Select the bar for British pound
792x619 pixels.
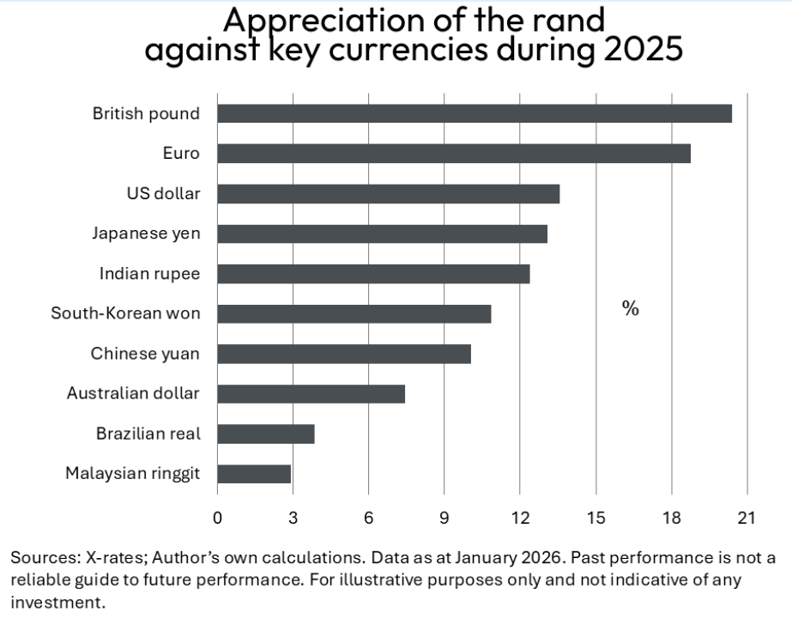[474, 113]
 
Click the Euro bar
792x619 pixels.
[453, 154]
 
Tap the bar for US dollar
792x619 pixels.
[388, 193]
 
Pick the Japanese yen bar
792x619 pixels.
[382, 234]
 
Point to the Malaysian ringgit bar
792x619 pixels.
[254, 474]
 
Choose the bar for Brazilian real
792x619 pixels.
[265, 434]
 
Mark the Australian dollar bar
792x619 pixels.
[311, 394]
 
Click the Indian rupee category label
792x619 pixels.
[149, 274]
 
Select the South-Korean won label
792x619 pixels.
[125, 313]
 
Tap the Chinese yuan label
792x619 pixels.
[145, 354]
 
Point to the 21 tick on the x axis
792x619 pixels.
[747, 518]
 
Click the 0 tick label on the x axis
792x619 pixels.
[217, 518]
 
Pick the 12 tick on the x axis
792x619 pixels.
[520, 518]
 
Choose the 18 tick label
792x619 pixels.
[671, 518]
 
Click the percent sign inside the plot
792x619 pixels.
[630, 309]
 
